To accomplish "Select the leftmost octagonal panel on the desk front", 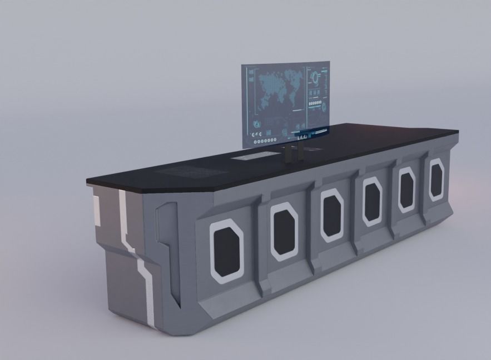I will click(226, 248).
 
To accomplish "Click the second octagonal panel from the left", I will click(285, 231).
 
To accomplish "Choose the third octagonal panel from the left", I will click(332, 215).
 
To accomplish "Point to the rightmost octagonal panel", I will click(436, 179).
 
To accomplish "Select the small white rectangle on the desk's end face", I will click(96, 212).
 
